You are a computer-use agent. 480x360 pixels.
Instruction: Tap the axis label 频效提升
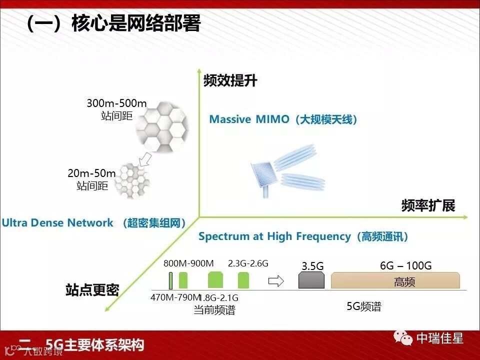tap(230, 81)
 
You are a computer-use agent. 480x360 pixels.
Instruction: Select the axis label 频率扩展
tap(428, 205)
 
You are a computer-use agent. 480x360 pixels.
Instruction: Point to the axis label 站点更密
tap(92, 290)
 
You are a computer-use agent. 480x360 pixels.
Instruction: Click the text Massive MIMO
tap(249, 119)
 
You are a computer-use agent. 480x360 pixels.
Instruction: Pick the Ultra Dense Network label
tap(57, 223)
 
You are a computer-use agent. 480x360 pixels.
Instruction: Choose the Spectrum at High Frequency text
tap(274, 236)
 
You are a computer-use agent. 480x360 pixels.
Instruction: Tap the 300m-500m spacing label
tap(116, 104)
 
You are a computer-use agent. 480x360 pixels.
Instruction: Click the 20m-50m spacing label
tap(91, 173)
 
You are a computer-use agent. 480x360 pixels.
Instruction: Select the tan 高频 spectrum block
tap(395, 281)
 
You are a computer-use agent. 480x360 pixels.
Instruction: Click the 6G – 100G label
tap(405, 265)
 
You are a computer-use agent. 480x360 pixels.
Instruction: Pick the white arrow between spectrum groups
tap(276, 281)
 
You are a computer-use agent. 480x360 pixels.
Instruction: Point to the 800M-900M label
tap(188, 263)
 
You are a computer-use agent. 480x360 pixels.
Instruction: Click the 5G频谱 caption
tap(364, 306)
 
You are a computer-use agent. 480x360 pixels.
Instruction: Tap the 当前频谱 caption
tap(214, 310)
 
